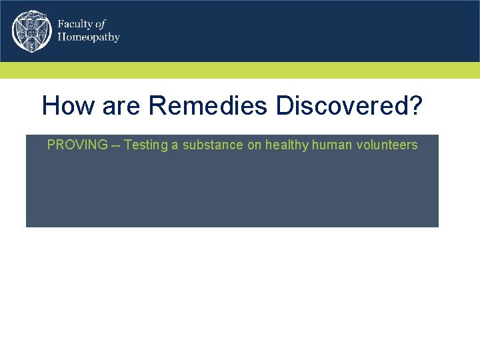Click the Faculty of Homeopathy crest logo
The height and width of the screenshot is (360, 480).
[x=31, y=31]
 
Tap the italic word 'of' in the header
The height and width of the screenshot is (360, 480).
[x=100, y=24]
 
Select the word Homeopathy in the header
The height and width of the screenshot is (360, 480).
[x=89, y=37]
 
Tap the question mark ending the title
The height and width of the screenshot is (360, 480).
[x=415, y=105]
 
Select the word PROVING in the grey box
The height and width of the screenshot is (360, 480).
[x=77, y=145]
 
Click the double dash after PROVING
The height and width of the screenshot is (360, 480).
[x=115, y=145]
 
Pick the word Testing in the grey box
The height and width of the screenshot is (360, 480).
[x=146, y=145]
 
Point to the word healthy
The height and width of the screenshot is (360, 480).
[x=287, y=145]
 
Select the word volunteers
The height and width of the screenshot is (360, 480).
[x=387, y=145]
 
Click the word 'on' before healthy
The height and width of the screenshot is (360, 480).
[x=255, y=145]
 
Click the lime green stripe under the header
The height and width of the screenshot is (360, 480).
[x=240, y=70]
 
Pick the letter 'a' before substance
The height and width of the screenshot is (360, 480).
[x=175, y=145]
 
